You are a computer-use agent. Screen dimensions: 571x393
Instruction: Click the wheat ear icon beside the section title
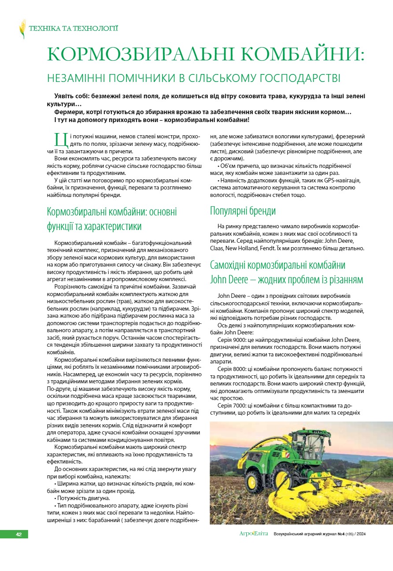coord(22,29)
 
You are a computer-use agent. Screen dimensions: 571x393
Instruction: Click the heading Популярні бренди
coord(243,211)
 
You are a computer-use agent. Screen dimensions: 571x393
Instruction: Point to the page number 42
coord(19,534)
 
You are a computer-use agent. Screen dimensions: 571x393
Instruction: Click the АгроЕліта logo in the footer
coord(253,534)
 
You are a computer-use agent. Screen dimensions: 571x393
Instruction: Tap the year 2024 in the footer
coord(360,534)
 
